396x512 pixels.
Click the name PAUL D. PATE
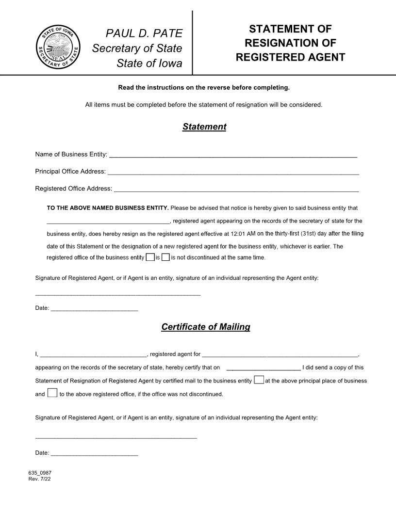pos(144,33)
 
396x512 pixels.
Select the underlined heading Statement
pos(204,127)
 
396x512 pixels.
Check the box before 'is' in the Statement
pos(150,257)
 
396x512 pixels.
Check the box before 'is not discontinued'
pos(165,257)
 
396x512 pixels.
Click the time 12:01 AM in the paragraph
pos(243,234)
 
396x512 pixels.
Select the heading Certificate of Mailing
pos(205,327)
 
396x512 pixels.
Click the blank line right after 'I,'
pos(93,354)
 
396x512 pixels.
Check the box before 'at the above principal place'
pos(259,380)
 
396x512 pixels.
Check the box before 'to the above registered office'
pos(52,393)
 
